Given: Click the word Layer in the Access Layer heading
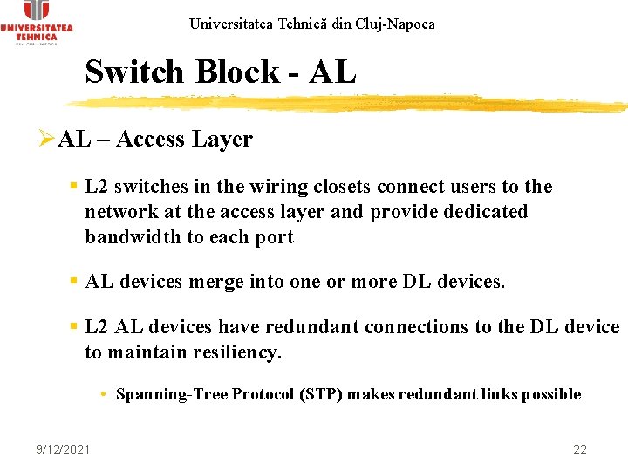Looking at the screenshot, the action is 223,140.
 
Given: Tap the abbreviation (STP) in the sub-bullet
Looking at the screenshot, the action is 322,394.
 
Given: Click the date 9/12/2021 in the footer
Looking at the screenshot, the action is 62,449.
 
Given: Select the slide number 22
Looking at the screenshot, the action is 580,449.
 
